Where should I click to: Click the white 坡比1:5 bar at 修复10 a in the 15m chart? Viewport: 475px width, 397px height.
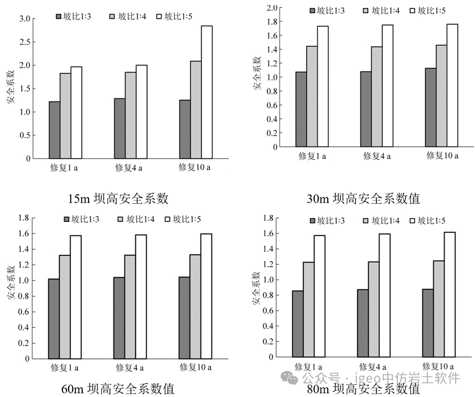(x=207, y=92)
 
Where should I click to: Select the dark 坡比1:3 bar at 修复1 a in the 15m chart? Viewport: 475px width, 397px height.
(x=54, y=130)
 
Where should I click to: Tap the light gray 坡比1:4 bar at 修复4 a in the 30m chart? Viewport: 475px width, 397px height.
(x=376, y=96)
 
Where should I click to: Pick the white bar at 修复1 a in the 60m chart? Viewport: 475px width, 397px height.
(x=76, y=297)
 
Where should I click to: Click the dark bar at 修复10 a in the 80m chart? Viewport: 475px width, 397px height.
(x=428, y=323)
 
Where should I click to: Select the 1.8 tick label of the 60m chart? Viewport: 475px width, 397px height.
(x=22, y=218)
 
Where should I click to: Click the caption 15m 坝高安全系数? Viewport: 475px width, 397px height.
(x=118, y=198)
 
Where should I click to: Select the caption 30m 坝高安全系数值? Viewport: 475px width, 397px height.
(x=363, y=198)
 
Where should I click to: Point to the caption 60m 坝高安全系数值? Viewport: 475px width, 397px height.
(x=118, y=389)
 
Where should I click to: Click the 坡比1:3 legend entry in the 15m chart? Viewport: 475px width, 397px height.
(x=75, y=16)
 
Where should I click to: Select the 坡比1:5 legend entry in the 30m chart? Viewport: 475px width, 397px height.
(x=430, y=10)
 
